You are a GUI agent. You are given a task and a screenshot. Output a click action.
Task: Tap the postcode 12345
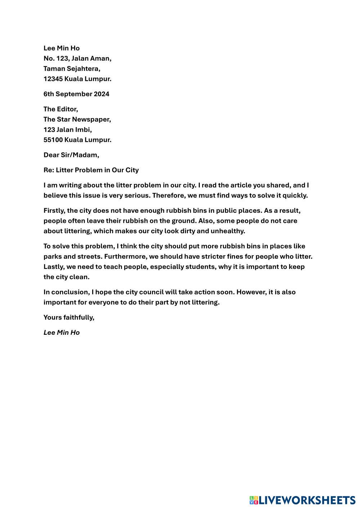pyautogui.click(x=53, y=78)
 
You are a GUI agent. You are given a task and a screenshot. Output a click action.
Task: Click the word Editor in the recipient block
pyautogui.click(x=67, y=109)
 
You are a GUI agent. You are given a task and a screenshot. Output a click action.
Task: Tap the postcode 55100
pyautogui.click(x=53, y=140)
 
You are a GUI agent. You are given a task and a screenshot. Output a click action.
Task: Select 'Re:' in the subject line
pyautogui.click(x=49, y=170)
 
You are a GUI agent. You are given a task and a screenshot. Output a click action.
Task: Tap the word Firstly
pyautogui.click(x=54, y=210)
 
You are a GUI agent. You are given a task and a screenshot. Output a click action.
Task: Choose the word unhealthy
pyautogui.click(x=226, y=231)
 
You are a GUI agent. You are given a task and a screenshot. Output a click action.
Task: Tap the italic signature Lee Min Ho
pyautogui.click(x=62, y=333)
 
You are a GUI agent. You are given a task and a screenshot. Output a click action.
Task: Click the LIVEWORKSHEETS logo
pyautogui.click(x=302, y=500)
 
